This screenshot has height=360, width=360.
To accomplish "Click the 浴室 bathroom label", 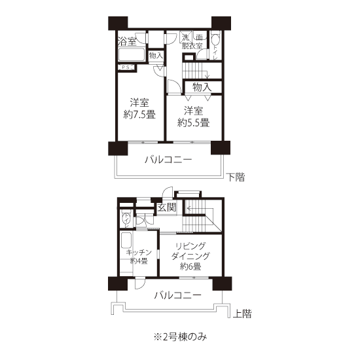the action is coord(127,41).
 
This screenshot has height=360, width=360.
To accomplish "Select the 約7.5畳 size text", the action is coord(139,115).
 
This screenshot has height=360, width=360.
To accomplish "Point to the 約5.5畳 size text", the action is coord(193,122).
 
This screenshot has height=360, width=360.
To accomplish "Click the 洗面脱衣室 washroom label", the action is coord(192,41).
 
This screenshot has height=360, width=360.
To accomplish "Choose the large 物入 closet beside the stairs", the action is coord(202,87).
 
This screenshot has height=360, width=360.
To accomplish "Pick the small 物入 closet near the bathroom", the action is coord(156,56).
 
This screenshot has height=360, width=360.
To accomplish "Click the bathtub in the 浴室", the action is coord(132,54).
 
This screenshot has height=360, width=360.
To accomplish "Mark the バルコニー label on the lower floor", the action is coord(168,160).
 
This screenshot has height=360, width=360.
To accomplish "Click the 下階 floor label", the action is coord(236,177).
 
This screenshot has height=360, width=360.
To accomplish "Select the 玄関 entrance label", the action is coord(167,207).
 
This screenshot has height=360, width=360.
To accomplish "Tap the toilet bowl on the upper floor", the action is coord(126,218).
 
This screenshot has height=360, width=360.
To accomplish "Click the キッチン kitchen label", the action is coord(139,253).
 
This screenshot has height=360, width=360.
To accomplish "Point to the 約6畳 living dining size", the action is coord(190,266).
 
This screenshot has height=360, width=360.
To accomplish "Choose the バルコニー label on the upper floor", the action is coord(177,295).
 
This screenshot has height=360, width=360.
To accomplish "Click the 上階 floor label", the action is coord(242,314).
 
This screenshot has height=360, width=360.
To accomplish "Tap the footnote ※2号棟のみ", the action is coord(180,337).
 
